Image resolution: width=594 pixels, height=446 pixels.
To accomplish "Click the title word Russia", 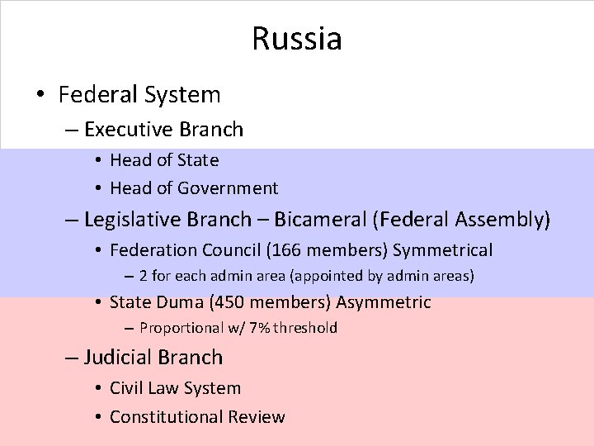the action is pyautogui.click(x=297, y=38).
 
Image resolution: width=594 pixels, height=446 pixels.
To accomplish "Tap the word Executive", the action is pyautogui.click(x=123, y=130).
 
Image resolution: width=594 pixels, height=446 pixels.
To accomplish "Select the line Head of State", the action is pyautogui.click(x=164, y=159).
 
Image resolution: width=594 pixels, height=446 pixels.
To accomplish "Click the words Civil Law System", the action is pyautogui.click(x=175, y=388).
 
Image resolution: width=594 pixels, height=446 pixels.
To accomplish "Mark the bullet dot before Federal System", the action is pyautogui.click(x=40, y=95).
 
